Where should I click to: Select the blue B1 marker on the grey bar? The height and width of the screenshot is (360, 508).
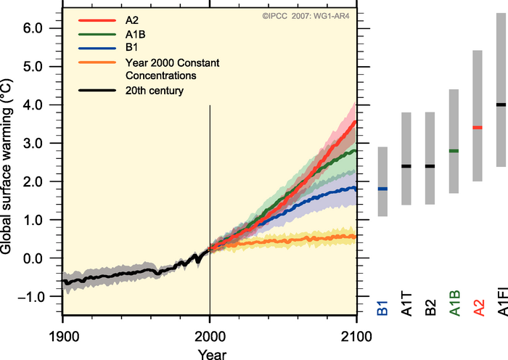(382, 189)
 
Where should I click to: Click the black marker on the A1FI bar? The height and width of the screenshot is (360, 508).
(501, 105)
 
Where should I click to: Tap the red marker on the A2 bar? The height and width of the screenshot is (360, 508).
(478, 128)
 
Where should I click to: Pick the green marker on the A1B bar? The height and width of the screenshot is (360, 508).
(454, 151)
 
